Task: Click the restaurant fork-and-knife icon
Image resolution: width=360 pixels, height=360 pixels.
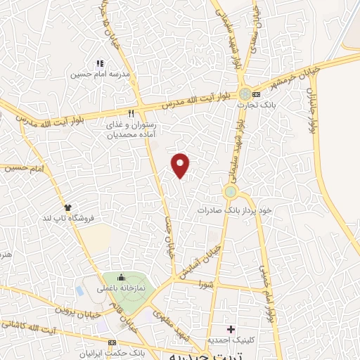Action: coord(131,112)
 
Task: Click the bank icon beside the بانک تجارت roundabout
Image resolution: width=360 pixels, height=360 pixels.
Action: coord(256,94)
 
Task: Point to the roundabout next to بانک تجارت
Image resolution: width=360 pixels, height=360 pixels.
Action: coord(244,94)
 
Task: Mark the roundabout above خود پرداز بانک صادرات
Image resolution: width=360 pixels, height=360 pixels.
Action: coord(230,191)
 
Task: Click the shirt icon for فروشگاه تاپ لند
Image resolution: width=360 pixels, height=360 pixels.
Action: coord(68,207)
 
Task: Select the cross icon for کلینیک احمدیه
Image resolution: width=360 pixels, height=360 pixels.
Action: coord(231,329)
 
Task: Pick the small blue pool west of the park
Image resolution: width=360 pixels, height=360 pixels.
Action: coord(80,289)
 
